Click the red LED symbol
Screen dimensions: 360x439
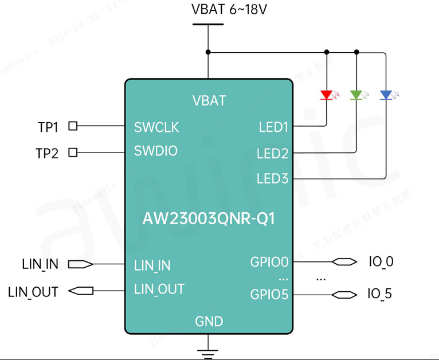pos(327,95)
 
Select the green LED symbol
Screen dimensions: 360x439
pos(356,95)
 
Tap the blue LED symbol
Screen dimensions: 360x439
pos(386,95)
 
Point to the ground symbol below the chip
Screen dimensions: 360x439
pos(209,353)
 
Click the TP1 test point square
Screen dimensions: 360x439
pos(73,126)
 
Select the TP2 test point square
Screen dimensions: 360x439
pos(73,152)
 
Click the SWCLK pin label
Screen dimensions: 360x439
pos(156,127)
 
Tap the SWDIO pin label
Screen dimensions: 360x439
pos(156,151)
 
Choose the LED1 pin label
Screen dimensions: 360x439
pos(273,127)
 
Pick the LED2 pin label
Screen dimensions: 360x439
pos(272,154)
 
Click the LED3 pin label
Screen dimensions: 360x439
pos(272,179)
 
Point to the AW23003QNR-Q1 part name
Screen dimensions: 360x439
pos(209,220)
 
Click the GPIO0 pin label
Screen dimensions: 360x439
pos(269,263)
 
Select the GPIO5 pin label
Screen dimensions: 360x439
pos(269,295)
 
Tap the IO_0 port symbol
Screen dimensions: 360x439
pos(343,263)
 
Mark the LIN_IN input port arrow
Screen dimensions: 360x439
pos(80,264)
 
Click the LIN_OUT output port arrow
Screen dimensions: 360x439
pos(81,291)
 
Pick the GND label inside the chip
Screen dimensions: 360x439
pos(209,322)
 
